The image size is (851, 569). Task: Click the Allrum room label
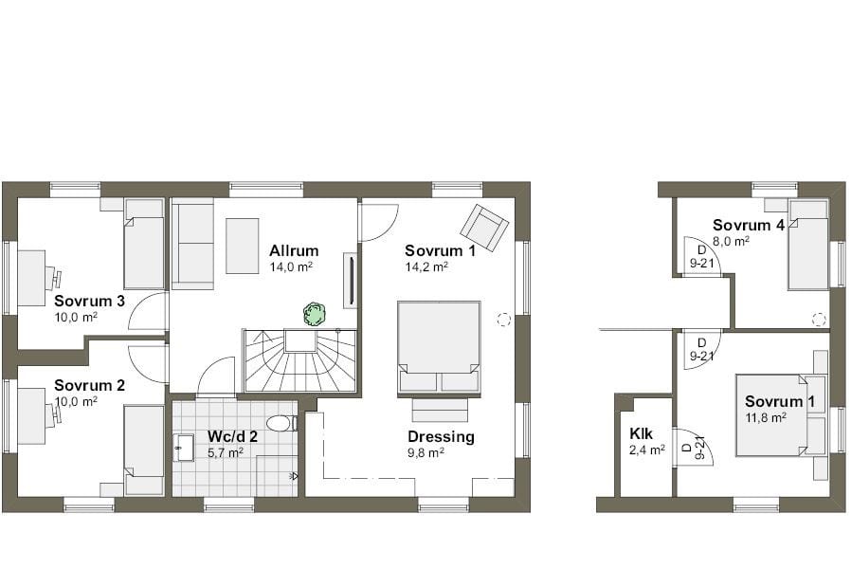(293, 251)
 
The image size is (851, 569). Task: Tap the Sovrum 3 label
(90, 302)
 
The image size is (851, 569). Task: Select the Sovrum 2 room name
(90, 385)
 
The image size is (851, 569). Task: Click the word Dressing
(441, 437)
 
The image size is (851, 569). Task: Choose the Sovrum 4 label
(748, 226)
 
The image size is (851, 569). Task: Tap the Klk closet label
(642, 434)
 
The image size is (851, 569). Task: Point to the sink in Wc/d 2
(185, 449)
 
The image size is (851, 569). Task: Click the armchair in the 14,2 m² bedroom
(483, 228)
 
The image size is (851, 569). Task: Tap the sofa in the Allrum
(192, 244)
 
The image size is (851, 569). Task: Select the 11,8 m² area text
(765, 417)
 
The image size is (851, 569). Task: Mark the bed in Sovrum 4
(807, 245)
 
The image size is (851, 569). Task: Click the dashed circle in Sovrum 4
(818, 319)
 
